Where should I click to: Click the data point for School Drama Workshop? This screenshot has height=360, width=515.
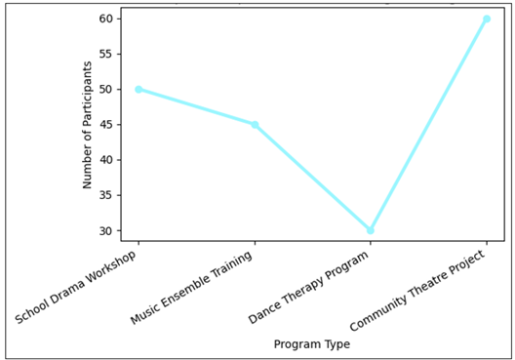pyautogui.click(x=139, y=89)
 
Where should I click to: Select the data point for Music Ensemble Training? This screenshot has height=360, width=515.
pyautogui.click(x=255, y=125)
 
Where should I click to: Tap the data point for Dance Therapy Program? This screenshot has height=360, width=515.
pyautogui.click(x=371, y=230)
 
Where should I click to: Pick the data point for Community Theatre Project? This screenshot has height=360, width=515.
pyautogui.click(x=487, y=19)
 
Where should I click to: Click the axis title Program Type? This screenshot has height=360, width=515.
pyautogui.click(x=312, y=343)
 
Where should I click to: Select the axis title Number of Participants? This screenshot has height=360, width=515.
pyautogui.click(x=88, y=125)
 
